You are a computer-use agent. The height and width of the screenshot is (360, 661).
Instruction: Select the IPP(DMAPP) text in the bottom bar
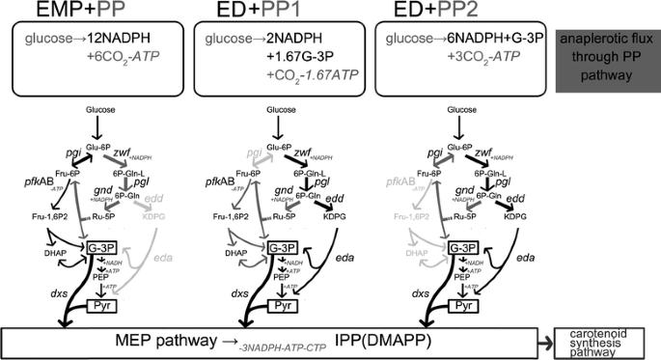click(369, 342)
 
